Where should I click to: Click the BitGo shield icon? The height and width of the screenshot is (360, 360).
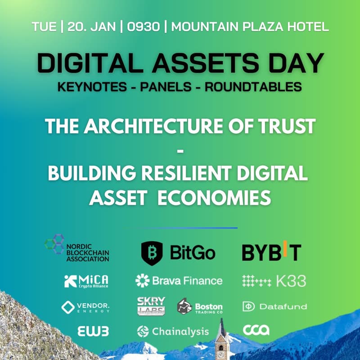tap(152, 253)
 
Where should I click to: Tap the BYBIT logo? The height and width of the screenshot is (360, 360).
tap(271, 252)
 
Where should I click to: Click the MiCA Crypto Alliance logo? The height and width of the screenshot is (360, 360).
tap(86, 281)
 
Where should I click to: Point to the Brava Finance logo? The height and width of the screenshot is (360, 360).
tap(179, 281)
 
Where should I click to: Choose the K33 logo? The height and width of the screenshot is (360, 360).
tap(274, 281)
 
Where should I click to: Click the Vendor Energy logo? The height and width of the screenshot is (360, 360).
tap(85, 307)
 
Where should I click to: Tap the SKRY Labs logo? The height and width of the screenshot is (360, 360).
tap(151, 306)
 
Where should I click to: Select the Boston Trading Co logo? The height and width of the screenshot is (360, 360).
tap(200, 307)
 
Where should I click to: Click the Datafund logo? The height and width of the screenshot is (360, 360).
tap(274, 307)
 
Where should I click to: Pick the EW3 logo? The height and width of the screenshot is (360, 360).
tap(93, 331)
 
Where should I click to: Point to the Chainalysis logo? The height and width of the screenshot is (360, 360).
tap(173, 332)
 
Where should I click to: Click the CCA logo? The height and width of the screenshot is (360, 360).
tap(256, 330)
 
